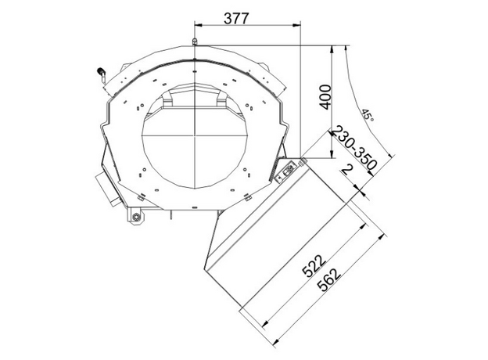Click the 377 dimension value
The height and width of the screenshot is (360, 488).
pos(236,18)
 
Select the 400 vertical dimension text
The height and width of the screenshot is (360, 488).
pos(325,96)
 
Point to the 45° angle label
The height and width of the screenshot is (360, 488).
pos(368,115)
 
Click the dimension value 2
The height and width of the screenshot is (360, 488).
pos(347,171)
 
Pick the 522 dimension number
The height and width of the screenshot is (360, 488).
pos(314,265)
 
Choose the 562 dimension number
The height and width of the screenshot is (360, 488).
pos(331,280)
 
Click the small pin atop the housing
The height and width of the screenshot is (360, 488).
pos(195,42)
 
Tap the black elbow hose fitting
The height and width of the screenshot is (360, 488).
pos(102,73)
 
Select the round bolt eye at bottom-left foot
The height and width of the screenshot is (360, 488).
pos(136,217)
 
